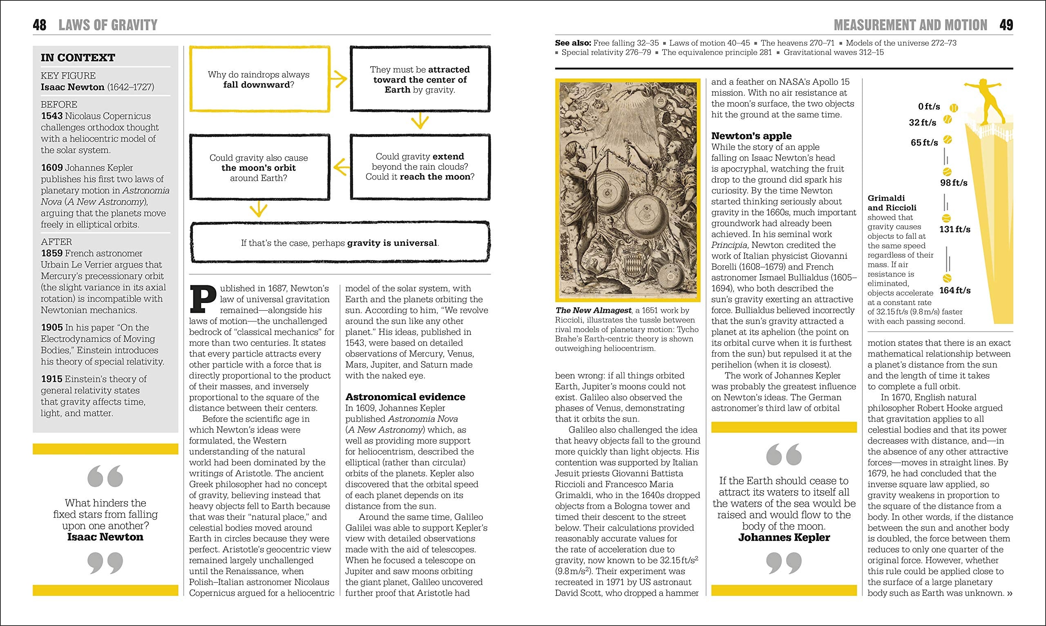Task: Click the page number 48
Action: [39, 25]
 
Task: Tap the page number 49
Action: [1006, 25]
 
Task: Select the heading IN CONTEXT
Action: [78, 57]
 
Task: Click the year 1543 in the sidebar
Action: [51, 116]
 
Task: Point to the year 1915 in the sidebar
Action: [51, 379]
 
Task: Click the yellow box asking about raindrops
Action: [259, 79]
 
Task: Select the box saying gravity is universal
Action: [340, 242]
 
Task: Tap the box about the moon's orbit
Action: [259, 168]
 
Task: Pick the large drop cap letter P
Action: [203, 299]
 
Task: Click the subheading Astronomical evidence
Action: [405, 397]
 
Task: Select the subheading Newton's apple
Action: [751, 136]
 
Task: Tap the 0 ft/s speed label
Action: [929, 107]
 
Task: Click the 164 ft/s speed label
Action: [955, 290]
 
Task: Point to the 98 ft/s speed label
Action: [954, 183]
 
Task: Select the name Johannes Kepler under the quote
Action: [784, 537]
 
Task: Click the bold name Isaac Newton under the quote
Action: [105, 536]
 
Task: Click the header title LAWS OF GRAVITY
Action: [108, 25]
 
